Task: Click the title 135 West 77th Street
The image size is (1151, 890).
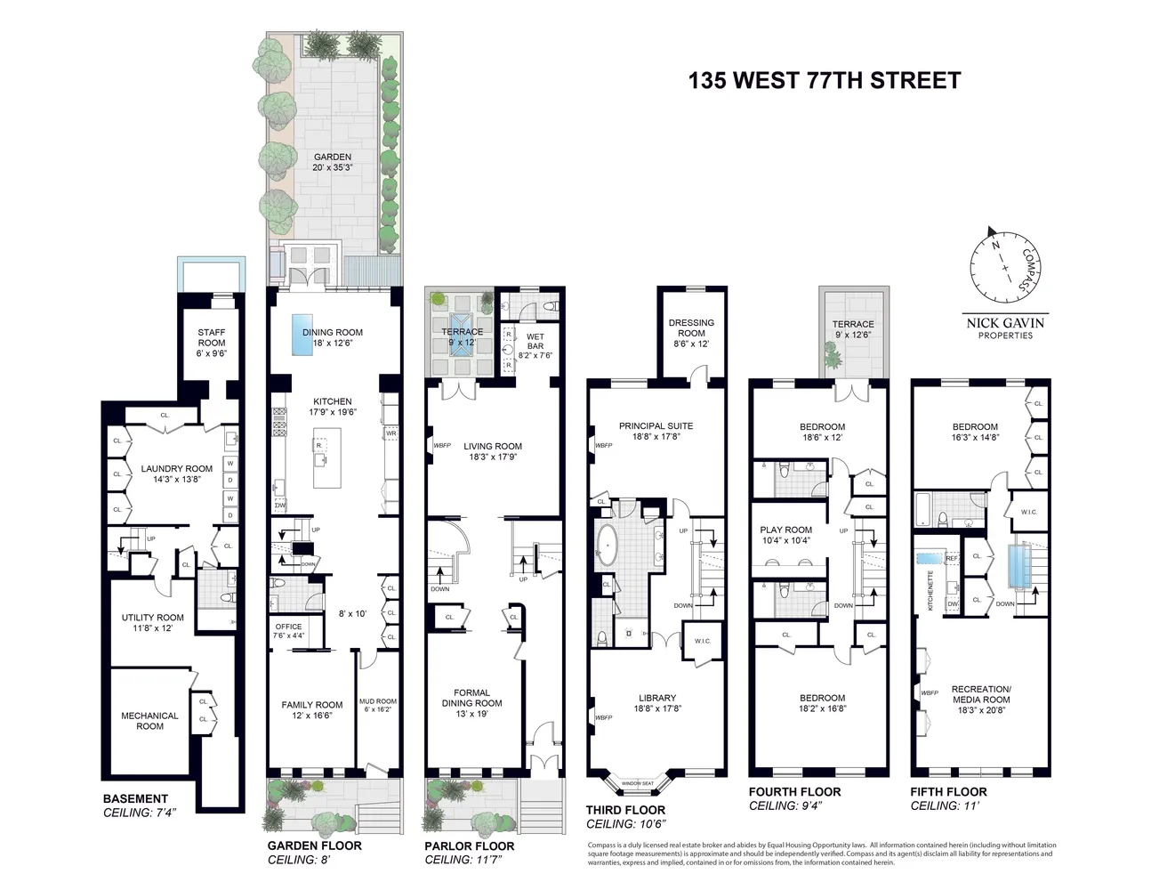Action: [824, 80]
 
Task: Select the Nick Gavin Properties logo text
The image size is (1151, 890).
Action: [1005, 328]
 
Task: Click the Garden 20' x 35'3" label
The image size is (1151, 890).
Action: [332, 162]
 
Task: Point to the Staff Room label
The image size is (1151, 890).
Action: [211, 337]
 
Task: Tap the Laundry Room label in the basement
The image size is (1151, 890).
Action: [176, 473]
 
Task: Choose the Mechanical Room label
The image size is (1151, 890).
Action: [149, 721]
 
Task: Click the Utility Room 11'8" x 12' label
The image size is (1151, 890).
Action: [152, 622]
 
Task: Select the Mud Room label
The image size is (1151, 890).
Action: [378, 706]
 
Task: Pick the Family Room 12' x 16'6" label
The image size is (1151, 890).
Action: [311, 709]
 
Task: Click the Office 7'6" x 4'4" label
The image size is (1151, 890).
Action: [288, 630]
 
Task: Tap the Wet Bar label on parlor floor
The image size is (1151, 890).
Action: [535, 345]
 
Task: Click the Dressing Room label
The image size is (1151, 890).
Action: [691, 333]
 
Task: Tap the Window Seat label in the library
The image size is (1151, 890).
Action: [638, 783]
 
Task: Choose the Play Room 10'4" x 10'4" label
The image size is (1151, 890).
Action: [785, 535]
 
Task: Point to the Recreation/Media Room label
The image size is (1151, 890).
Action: [980, 694]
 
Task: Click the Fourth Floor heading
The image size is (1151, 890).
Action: [794, 791]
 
